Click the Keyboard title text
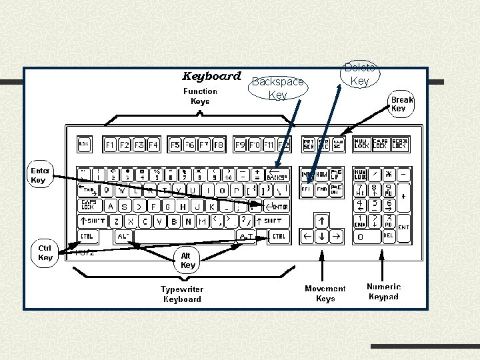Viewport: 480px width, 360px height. click(x=211, y=76)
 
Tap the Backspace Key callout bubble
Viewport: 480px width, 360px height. click(x=278, y=88)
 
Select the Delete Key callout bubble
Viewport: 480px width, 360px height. click(x=359, y=74)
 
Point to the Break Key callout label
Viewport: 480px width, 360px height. click(x=402, y=104)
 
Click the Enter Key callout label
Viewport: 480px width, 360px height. click(x=39, y=175)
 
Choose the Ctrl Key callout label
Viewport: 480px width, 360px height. click(x=45, y=253)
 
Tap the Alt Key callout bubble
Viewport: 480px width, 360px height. click(x=188, y=260)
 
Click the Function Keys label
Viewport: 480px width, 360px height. click(x=200, y=96)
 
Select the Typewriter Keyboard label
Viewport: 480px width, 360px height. click(x=182, y=294)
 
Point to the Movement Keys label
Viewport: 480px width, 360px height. click(x=325, y=293)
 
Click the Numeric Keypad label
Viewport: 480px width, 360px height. click(x=383, y=291)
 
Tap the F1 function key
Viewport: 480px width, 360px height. click(x=110, y=144)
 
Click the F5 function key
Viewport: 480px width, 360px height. click(x=175, y=144)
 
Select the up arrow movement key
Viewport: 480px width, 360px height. click(x=321, y=220)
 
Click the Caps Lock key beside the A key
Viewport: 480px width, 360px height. click(x=89, y=205)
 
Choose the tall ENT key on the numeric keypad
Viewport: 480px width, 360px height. click(x=403, y=227)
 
